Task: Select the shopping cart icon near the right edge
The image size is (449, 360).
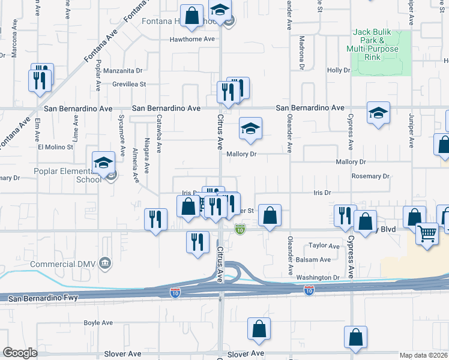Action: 427,233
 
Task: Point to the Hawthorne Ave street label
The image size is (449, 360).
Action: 192,39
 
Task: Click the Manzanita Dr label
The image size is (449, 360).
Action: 125,70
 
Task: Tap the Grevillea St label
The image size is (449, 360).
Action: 129,85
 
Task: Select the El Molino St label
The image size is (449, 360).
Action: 55,146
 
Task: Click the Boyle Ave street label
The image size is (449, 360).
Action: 98,323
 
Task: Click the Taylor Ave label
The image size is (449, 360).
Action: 324,245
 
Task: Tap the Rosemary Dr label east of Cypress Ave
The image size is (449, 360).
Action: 371,176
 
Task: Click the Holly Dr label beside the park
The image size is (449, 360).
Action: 338,70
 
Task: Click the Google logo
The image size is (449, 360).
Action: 20,353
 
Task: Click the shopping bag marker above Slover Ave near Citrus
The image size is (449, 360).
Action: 259,329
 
